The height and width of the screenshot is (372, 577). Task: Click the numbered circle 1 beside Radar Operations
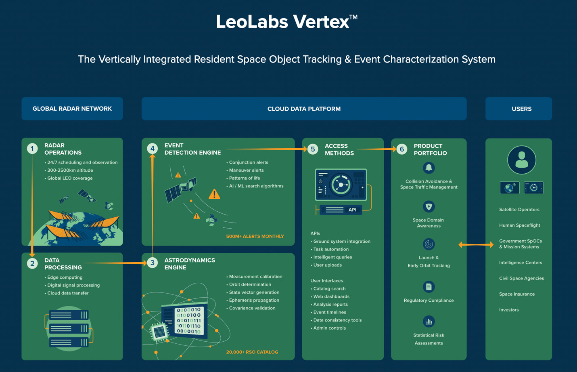pos(32,149)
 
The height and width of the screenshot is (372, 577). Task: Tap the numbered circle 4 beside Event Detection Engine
pos(153,149)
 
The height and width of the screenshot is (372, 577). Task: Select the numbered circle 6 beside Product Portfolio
pos(401,149)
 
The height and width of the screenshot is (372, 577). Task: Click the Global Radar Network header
pos(72,109)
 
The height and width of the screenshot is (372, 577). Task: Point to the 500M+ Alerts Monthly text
pos(255,236)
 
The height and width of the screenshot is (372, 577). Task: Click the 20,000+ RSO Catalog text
pos(252,352)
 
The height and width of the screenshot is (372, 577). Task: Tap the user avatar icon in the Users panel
pos(522,160)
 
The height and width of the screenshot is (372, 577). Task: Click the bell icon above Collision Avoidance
pos(429,168)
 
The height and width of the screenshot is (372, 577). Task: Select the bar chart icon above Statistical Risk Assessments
pos(429,322)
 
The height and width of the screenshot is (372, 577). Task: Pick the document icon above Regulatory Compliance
pos(429,287)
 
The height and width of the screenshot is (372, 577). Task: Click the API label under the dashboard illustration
pos(352,210)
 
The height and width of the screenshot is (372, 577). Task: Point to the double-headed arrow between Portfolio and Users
pos(476,244)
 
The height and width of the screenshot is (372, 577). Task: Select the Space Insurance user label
pos(517,294)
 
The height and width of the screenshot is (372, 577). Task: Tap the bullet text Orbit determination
pos(250,284)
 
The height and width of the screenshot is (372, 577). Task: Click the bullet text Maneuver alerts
pos(246,170)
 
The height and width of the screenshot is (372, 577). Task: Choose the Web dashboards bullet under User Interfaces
pos(331,296)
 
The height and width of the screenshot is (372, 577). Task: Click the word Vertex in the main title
pos(321,22)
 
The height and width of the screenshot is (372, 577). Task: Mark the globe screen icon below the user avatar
pos(510,188)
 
